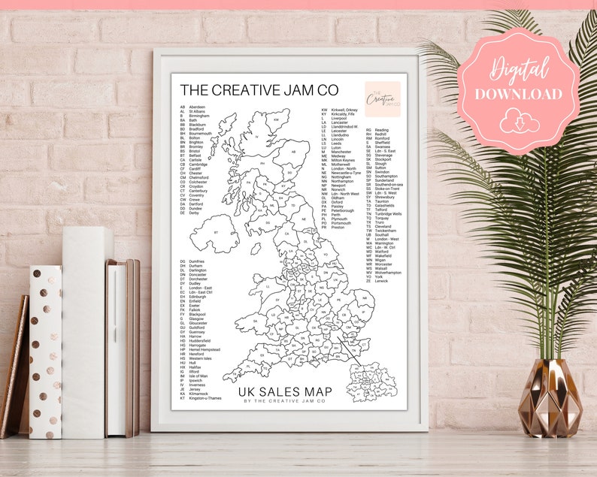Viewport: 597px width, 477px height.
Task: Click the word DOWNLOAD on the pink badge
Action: [517, 94]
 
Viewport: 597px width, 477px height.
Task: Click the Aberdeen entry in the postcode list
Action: [197, 107]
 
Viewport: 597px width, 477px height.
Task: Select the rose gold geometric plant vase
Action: [550, 398]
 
